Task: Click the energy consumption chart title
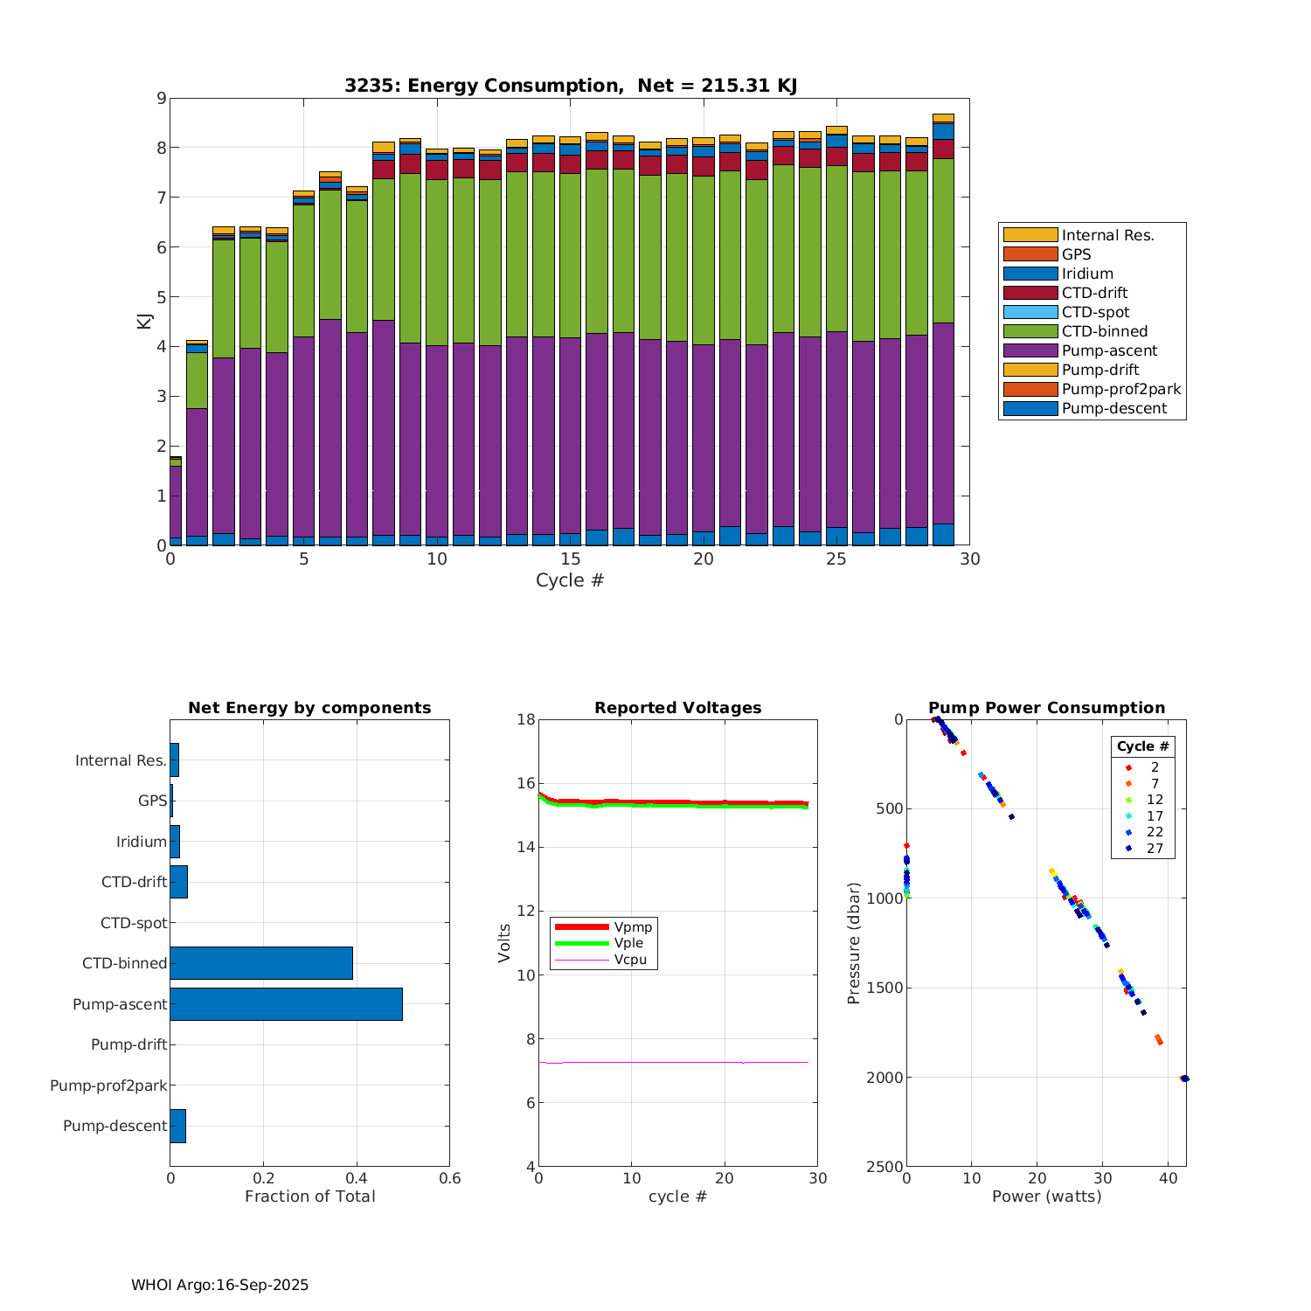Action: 570,86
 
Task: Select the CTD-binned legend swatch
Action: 1030,331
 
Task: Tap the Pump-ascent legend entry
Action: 1109,350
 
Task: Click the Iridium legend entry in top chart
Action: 1087,274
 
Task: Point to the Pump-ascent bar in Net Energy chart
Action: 286,1004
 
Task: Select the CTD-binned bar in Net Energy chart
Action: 261,963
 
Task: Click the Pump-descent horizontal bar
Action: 177,1126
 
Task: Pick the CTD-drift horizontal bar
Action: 178,882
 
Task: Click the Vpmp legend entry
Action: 633,926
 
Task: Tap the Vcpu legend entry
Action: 630,960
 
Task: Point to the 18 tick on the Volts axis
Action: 526,719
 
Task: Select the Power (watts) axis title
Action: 1046,1197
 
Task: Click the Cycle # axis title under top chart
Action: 570,580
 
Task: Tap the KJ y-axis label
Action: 144,322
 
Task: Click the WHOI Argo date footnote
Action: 220,1285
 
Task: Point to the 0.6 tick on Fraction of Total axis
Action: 449,1179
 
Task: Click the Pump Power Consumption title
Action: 1046,708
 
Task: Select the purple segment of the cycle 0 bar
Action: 176,503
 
